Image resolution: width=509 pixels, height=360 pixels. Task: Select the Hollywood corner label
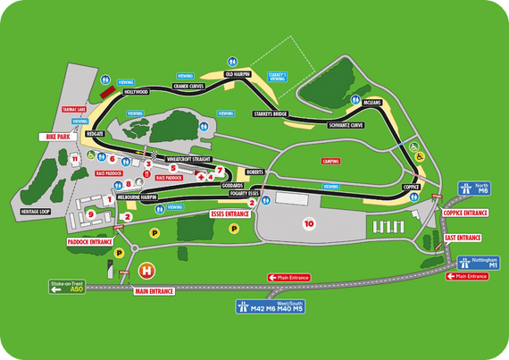click(x=136, y=92)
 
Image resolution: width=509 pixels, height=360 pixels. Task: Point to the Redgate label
click(x=95, y=132)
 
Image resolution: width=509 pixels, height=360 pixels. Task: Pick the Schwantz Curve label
click(x=346, y=125)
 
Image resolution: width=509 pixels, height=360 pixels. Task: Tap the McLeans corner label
click(x=371, y=102)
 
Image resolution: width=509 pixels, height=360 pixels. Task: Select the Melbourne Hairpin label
click(x=138, y=195)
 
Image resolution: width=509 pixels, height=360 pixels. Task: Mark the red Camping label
click(x=330, y=161)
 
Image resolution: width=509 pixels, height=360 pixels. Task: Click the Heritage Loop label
click(x=38, y=212)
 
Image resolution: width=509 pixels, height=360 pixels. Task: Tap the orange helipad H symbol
click(x=147, y=269)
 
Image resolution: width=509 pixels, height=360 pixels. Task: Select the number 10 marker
click(x=309, y=222)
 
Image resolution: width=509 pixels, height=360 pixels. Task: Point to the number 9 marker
click(x=90, y=213)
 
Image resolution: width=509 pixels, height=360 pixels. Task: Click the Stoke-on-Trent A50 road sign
click(x=66, y=288)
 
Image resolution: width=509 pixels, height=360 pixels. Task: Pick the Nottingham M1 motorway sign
click(x=475, y=263)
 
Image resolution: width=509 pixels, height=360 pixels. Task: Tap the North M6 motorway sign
click(x=474, y=188)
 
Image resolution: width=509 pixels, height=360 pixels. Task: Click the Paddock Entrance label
click(x=89, y=241)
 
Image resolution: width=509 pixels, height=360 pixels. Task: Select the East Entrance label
click(x=463, y=238)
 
